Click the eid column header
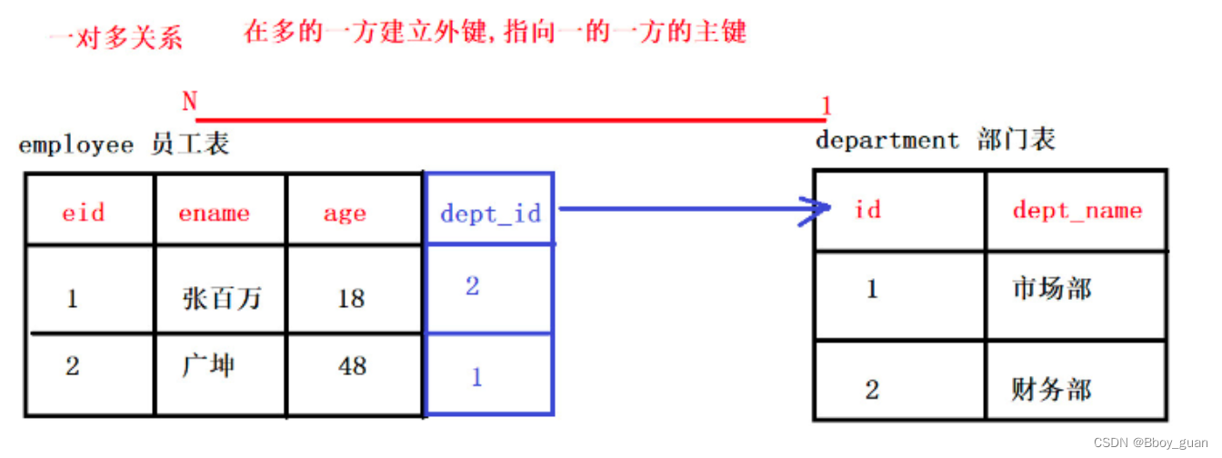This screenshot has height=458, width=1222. pyautogui.click(x=84, y=213)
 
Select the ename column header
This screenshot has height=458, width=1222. pyautogui.click(x=214, y=213)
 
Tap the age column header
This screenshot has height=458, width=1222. pyautogui.click(x=345, y=213)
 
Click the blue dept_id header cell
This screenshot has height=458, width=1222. pyautogui.click(x=490, y=214)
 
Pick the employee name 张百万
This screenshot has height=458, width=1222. pyautogui.click(x=221, y=297)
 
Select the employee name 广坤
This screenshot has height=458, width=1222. pyautogui.click(x=207, y=365)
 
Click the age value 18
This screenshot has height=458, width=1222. pyautogui.click(x=351, y=297)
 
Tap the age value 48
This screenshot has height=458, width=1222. pyautogui.click(x=351, y=365)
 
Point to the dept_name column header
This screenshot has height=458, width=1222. pyautogui.click(x=1077, y=210)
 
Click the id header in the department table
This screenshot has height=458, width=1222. pyautogui.click(x=868, y=210)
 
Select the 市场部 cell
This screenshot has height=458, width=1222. pyautogui.click(x=1051, y=289)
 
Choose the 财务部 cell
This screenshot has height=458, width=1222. pyautogui.click(x=1051, y=390)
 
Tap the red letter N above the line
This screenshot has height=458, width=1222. pyautogui.click(x=189, y=101)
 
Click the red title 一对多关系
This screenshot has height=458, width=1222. pyautogui.click(x=115, y=38)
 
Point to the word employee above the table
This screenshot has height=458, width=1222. pyautogui.click(x=75, y=144)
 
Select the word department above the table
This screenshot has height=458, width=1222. pyautogui.click(x=887, y=140)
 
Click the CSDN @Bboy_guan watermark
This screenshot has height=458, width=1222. pyautogui.click(x=1151, y=443)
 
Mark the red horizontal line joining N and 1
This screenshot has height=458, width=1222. pyautogui.click(x=509, y=119)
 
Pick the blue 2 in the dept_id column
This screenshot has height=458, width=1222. pyautogui.click(x=472, y=286)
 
